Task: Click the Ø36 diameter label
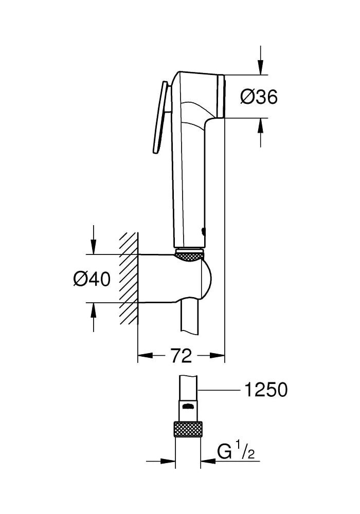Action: point(259,97)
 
